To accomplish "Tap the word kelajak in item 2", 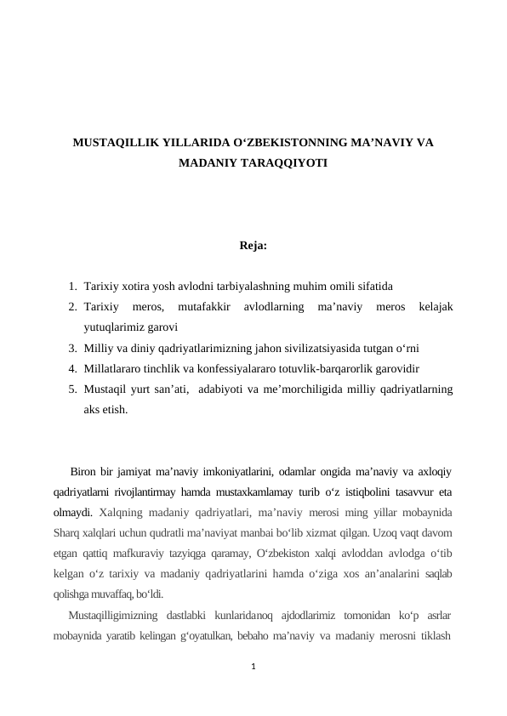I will pyautogui.click(x=433, y=305).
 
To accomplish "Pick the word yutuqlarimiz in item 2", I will pyautogui.click(x=115, y=327).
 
